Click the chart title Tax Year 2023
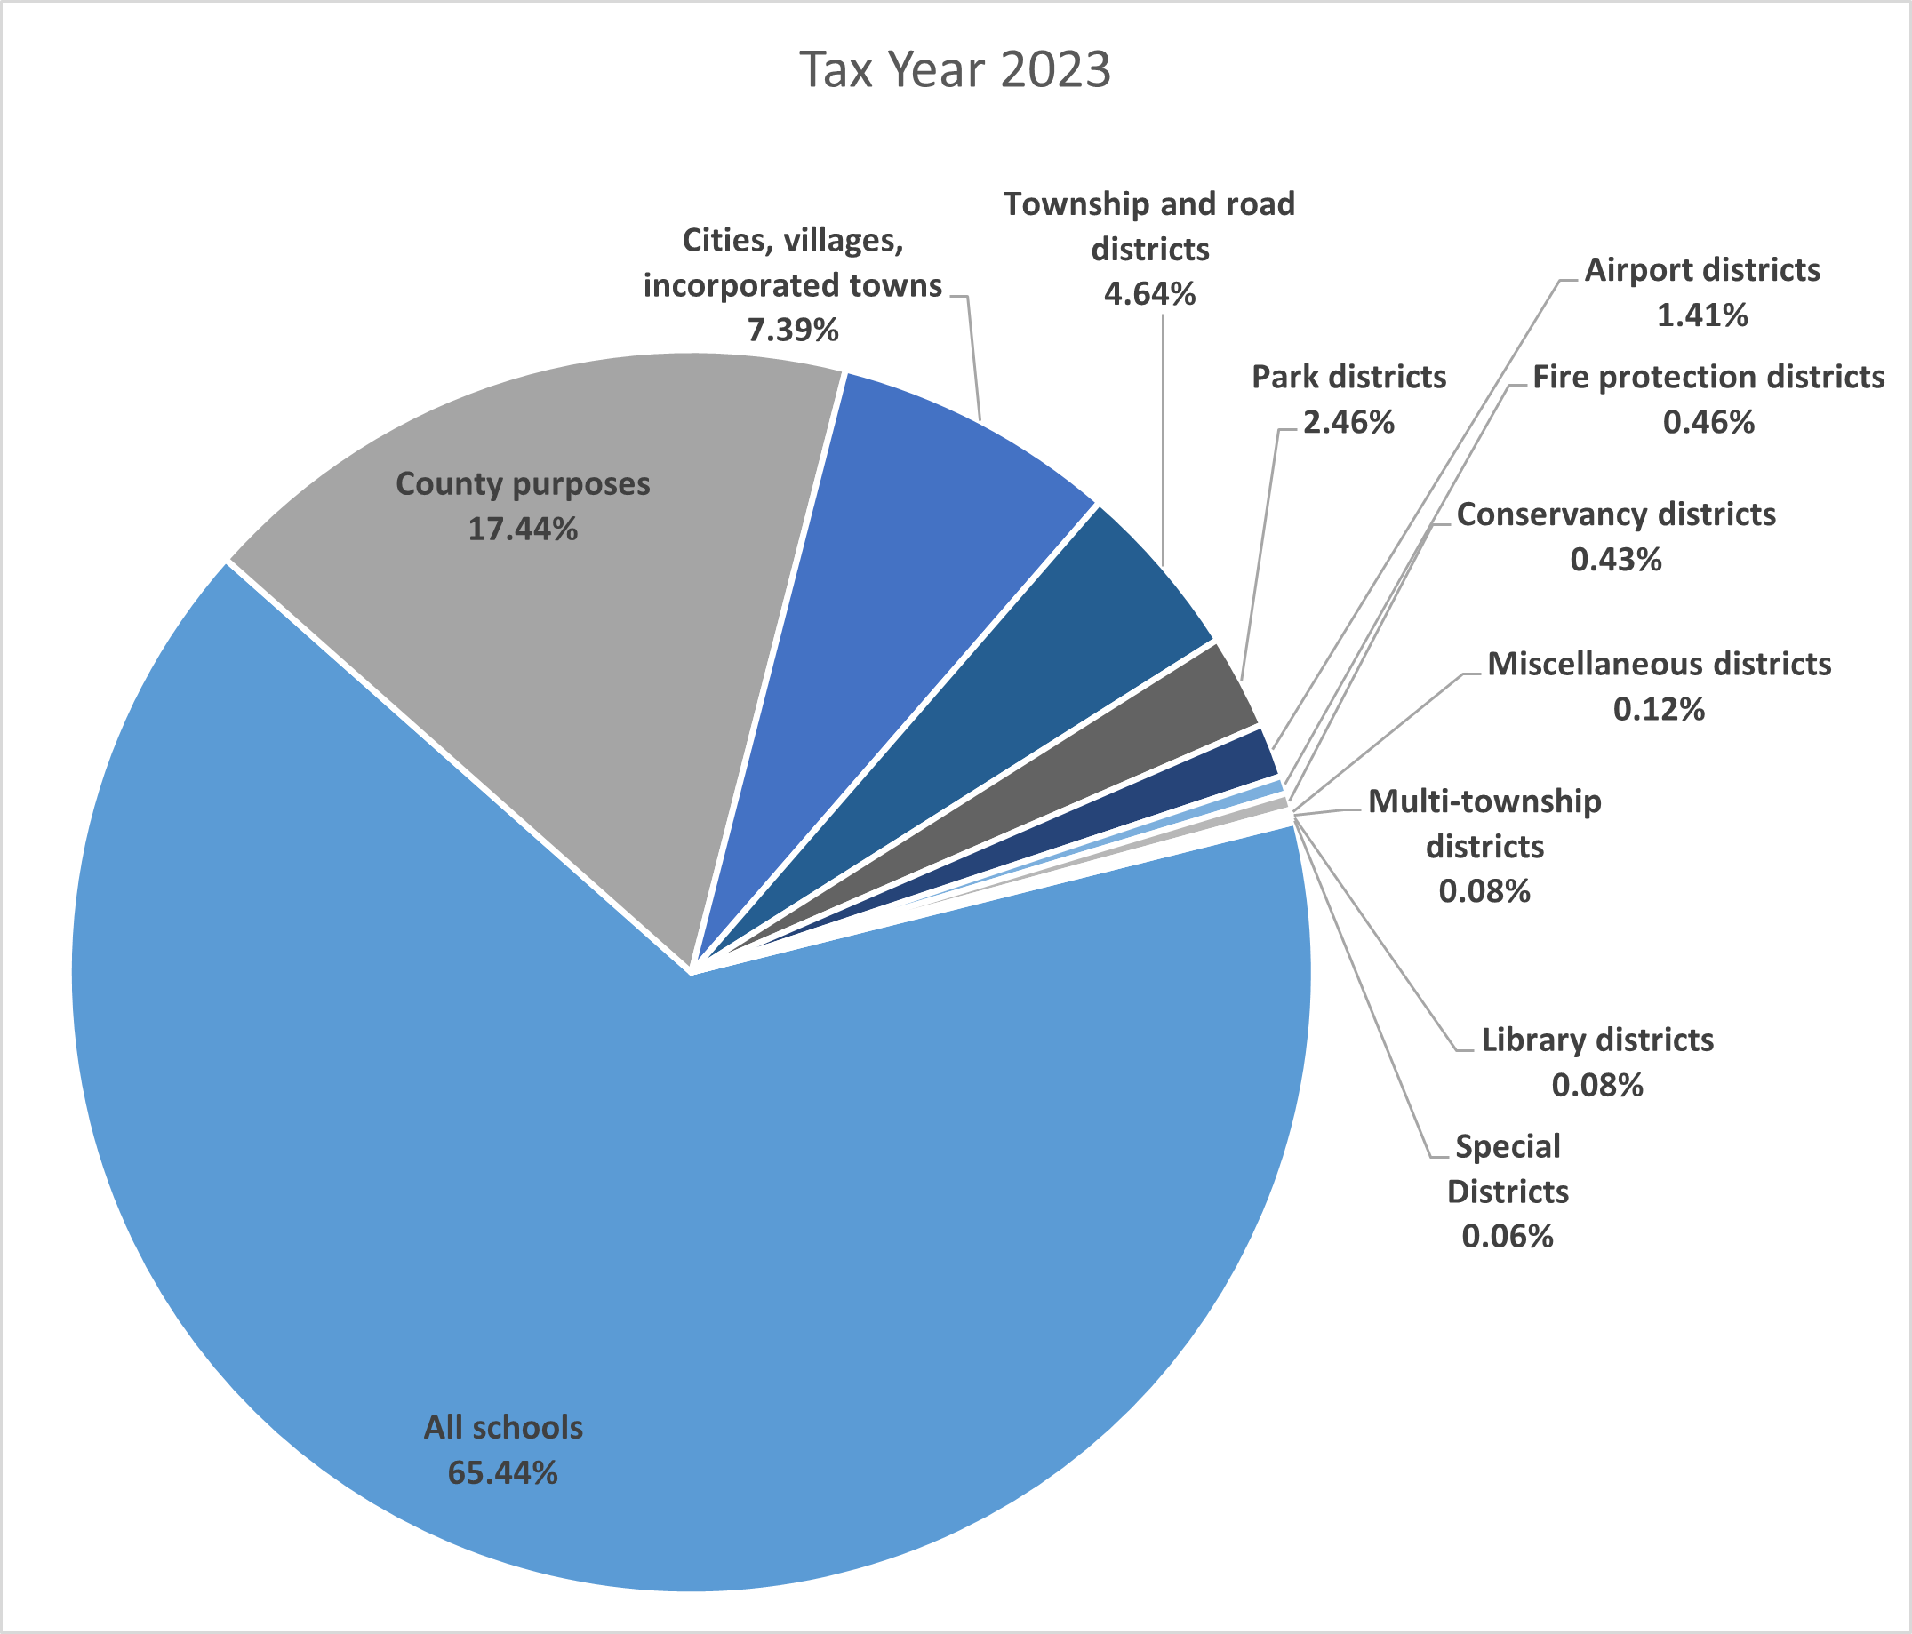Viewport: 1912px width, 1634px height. coord(954,70)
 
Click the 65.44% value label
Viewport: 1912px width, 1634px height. coord(502,1472)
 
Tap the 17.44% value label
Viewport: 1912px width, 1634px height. coord(523,530)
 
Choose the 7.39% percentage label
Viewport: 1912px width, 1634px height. coord(793,331)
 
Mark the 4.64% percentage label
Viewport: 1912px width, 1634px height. coord(1150,294)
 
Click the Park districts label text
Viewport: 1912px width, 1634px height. coord(1348,378)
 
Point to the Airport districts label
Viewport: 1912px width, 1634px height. coord(1701,270)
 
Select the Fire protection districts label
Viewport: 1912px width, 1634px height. coord(1708,378)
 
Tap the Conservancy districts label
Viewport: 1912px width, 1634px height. coord(1616,514)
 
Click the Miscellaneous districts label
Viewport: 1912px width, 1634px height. coord(1659,665)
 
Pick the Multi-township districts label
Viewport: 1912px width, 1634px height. coord(1484,823)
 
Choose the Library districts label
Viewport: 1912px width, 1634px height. coord(1597,1040)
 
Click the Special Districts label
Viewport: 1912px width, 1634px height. coord(1507,1168)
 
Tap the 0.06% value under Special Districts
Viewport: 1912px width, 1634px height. coord(1507,1236)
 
